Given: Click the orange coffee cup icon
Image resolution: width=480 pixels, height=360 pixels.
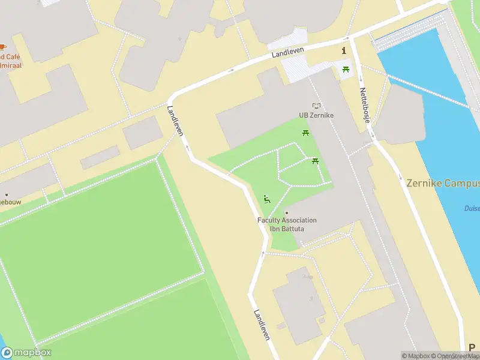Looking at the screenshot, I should [2, 47].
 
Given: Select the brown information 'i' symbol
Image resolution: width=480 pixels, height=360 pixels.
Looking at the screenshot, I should [344, 50].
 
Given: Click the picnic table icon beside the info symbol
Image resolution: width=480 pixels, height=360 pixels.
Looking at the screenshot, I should [346, 70].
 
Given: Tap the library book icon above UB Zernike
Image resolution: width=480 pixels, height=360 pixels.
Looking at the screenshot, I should [316, 106].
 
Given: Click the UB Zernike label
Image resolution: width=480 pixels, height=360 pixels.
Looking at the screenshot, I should [316, 115].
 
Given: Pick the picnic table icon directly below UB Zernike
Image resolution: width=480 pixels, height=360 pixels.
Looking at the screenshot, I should [306, 133].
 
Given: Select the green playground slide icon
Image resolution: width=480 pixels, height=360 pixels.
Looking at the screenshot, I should [267, 199].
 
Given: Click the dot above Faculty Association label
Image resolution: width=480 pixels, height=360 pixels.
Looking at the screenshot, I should [287, 213].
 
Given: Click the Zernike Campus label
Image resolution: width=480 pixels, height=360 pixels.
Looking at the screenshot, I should [443, 183].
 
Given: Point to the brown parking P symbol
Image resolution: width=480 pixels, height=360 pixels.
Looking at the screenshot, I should [472, 347].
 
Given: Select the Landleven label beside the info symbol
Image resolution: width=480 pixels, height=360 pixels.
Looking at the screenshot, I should [288, 53].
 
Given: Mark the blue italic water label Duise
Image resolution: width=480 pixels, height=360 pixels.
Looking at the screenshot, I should [472, 208].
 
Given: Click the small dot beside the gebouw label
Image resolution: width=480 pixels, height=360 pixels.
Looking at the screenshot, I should [7, 194].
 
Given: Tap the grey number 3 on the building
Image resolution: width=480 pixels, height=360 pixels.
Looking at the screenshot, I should [311, 298].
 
